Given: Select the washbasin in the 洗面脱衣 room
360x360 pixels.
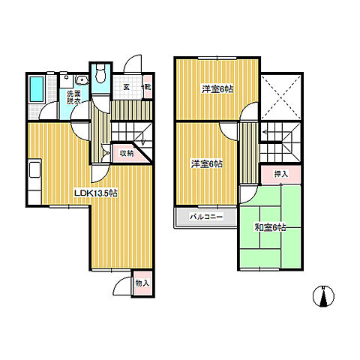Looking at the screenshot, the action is (82, 79).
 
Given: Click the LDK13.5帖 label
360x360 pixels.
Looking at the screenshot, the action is (96, 193).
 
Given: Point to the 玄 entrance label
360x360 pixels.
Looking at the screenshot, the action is (127, 87).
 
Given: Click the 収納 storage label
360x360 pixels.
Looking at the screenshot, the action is (127, 153).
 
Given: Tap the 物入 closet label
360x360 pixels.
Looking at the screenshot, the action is (142, 283).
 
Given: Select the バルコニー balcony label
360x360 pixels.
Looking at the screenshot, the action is (206, 217).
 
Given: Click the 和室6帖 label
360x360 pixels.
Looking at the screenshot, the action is (270, 227).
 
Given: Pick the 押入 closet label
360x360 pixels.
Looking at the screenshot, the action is (281, 174).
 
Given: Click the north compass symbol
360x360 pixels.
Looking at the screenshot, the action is (323, 296).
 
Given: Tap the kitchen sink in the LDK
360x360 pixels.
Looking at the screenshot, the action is (35, 169).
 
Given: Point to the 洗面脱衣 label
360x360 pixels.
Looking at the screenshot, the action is (73, 97).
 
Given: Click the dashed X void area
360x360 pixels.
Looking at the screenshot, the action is (281, 97).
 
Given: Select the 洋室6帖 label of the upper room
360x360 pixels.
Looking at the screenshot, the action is (217, 89).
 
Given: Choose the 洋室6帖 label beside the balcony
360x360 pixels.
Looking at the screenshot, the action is (207, 164).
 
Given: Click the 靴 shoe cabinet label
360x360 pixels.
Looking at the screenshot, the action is (148, 87).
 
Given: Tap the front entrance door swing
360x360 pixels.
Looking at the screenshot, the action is (132, 64).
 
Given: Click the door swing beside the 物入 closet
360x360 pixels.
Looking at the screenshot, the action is (122, 286).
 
